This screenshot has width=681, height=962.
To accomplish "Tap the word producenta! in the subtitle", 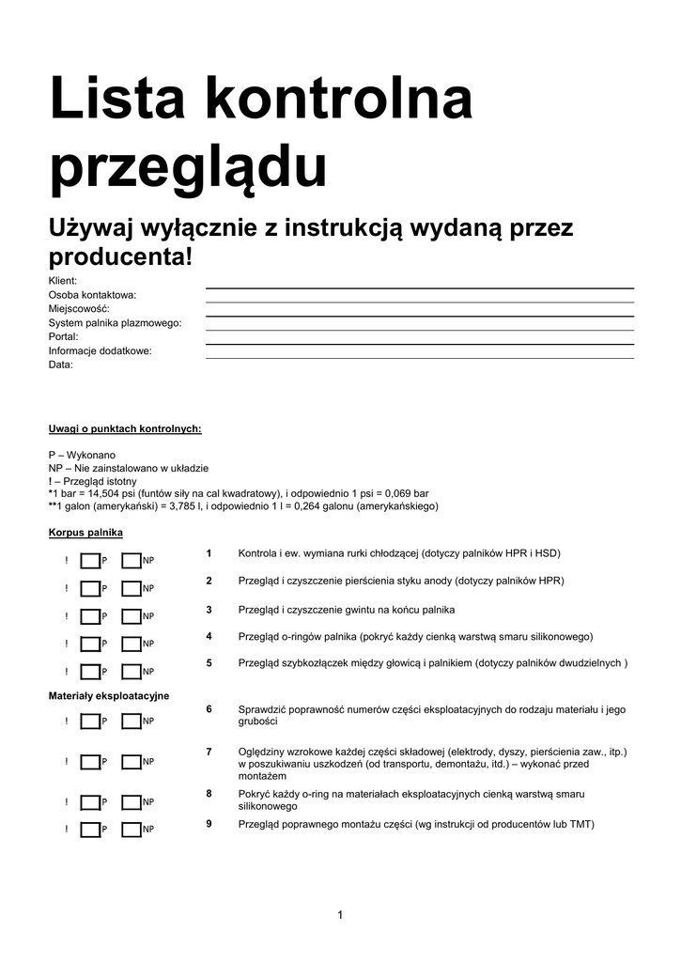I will (x=120, y=256).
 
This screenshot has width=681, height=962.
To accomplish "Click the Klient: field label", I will (x=63, y=281).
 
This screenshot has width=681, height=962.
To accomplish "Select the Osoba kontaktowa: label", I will (x=92, y=295).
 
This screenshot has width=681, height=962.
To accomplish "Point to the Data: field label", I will (x=60, y=365).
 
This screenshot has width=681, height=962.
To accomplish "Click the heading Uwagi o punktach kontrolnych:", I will (x=125, y=428).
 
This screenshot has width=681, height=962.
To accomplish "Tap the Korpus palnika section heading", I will (x=85, y=533).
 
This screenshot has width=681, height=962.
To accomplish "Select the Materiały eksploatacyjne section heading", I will (x=109, y=695).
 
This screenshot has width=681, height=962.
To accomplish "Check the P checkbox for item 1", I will (x=89, y=561).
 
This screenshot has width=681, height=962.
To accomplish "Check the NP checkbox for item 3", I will (x=131, y=616).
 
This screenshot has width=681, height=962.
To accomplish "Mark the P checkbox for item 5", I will (x=89, y=672).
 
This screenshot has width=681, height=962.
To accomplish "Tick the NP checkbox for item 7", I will (x=131, y=761).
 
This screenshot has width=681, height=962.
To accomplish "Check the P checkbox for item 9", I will (x=89, y=830).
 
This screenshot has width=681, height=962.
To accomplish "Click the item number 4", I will (x=209, y=636).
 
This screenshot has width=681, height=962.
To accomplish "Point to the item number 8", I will (x=209, y=794).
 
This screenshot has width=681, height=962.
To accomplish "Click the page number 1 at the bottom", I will (x=340, y=915).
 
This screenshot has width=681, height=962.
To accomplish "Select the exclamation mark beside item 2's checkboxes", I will (x=67, y=589).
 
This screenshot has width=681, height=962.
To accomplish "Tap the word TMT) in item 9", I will (x=581, y=824).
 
